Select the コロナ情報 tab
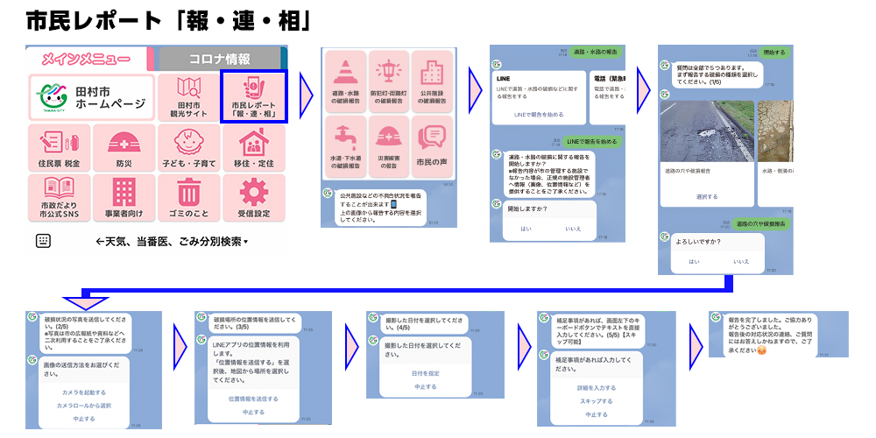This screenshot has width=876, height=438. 219,59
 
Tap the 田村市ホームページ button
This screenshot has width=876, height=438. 91,96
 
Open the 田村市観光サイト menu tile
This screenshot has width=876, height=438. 189,96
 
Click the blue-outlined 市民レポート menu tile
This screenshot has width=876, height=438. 254,96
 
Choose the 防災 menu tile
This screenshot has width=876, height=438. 124,146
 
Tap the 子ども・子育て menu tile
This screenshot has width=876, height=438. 189,146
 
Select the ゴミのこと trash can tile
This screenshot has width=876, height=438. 189,197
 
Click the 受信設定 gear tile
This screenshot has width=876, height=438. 254,197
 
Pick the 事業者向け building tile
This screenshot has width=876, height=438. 124,197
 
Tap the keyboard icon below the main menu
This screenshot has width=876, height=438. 43,241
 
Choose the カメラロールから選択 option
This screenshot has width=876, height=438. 83,406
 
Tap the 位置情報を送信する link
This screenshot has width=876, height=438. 253,398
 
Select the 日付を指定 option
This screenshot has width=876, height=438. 425,373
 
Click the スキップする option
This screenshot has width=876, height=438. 596,399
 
